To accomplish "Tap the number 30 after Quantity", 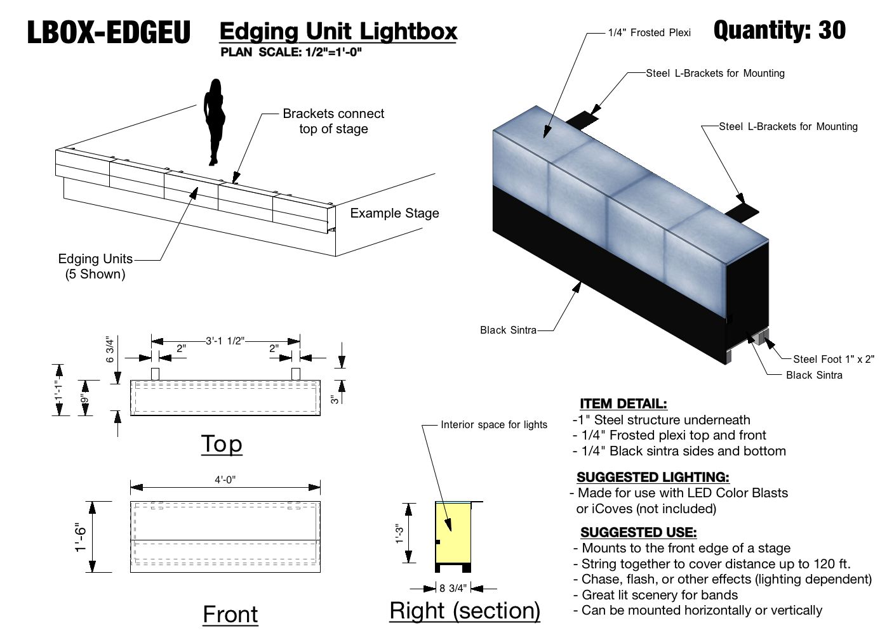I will [x=832, y=30].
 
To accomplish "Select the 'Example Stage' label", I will [x=394, y=213].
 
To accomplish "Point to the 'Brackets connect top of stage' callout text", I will [x=333, y=121].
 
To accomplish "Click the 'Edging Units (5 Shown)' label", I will [x=95, y=266].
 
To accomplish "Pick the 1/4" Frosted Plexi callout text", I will [x=649, y=32].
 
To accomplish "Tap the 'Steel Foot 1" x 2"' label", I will [x=833, y=359].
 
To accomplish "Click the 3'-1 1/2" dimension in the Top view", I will [x=225, y=341].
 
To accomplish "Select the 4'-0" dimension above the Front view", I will [x=225, y=480].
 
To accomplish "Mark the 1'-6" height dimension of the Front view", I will [x=80, y=537].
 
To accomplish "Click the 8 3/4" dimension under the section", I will [x=453, y=588].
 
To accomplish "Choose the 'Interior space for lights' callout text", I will [x=493, y=424].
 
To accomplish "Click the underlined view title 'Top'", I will [x=222, y=444].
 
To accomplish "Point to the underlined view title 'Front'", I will [x=230, y=614].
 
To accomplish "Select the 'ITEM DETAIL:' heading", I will [x=623, y=403].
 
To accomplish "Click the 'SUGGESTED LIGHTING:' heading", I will [x=653, y=477].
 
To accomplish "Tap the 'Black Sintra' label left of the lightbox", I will [x=508, y=330].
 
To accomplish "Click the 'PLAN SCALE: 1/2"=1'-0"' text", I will [x=291, y=52].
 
